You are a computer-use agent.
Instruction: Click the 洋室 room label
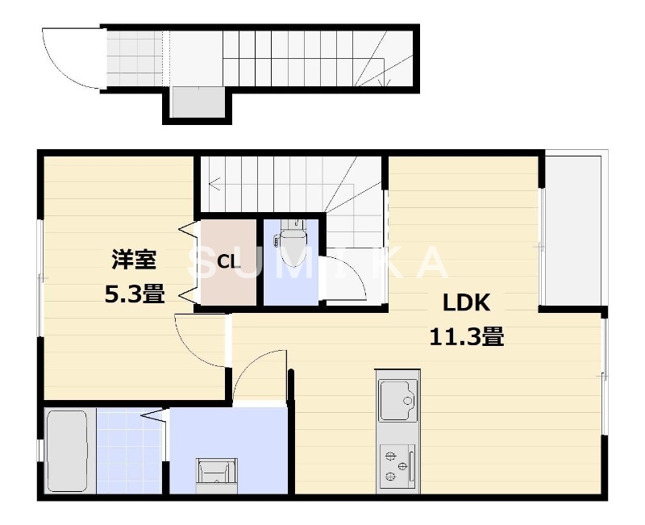click(x=134, y=260)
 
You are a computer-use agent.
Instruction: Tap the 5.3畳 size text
click(x=134, y=295)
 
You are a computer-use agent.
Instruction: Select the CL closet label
click(x=228, y=262)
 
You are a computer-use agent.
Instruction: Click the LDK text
click(x=467, y=302)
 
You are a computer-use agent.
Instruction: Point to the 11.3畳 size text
click(x=467, y=336)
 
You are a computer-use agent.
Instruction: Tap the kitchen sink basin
click(x=397, y=398)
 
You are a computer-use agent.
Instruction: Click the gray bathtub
click(x=66, y=451)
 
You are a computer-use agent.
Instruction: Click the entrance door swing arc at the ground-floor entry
click(x=71, y=58)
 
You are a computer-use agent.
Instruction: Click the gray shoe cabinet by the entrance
click(x=198, y=103)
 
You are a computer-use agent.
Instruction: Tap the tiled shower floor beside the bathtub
click(x=129, y=451)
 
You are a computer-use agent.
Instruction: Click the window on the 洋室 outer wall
click(x=40, y=278)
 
